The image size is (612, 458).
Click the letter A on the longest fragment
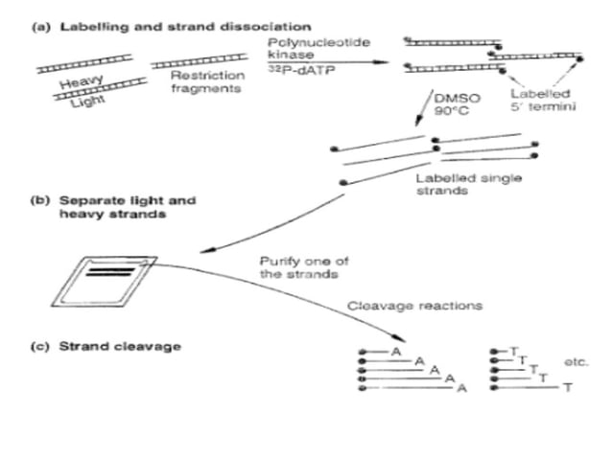(461, 388)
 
